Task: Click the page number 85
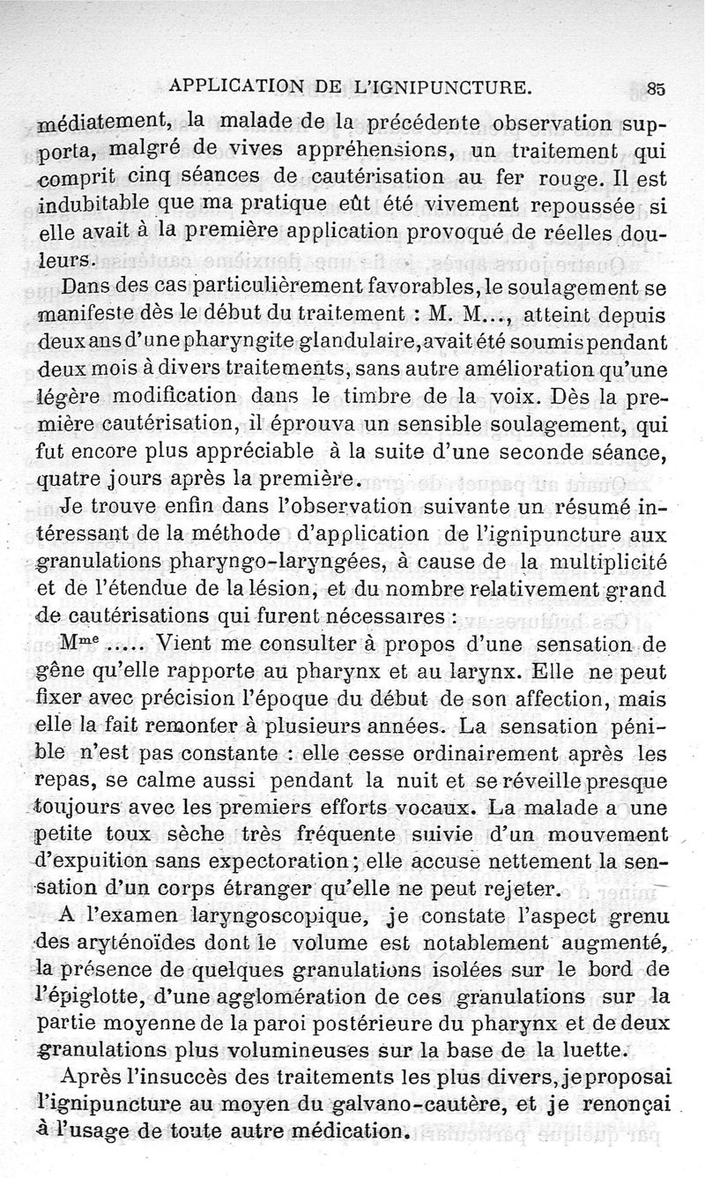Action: tap(656, 87)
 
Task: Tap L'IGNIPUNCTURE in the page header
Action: tap(456, 86)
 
